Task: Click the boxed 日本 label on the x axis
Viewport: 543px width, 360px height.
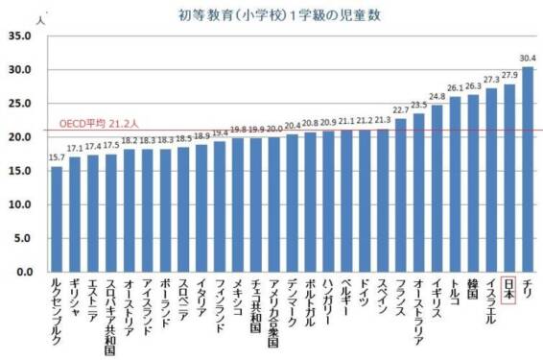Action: (509, 289)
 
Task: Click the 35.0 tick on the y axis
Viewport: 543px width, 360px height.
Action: (20, 36)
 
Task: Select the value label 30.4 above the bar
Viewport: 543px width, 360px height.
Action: (529, 58)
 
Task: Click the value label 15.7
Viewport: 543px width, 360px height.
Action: (56, 156)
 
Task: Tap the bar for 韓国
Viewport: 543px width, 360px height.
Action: (473, 183)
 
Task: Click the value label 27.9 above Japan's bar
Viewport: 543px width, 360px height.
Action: (509, 75)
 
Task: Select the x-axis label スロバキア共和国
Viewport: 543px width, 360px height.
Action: (110, 316)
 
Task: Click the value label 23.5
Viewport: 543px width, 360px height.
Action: (418, 105)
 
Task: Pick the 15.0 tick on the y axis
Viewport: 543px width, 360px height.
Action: (20, 171)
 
